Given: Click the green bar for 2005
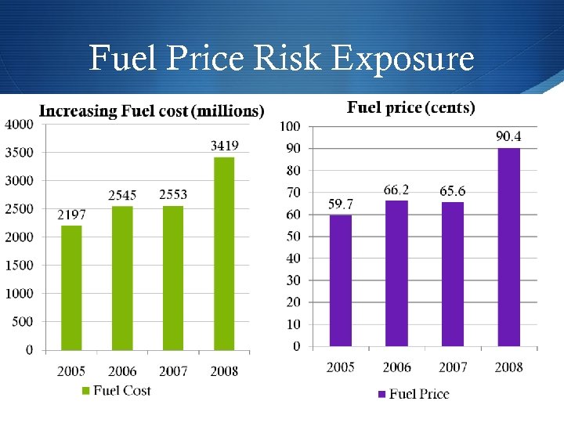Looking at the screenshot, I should (x=71, y=287).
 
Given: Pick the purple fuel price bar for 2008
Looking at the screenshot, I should (x=508, y=247).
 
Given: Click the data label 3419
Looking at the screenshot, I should (x=224, y=146).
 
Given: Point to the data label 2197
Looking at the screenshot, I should (x=71, y=214).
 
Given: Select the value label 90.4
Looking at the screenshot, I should (x=508, y=137).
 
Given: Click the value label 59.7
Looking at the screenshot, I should (x=341, y=204).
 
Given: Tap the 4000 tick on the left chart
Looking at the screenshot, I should (x=19, y=124).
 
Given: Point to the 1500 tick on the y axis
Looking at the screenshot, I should (x=19, y=266).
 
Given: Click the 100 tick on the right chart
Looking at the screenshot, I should (x=290, y=126).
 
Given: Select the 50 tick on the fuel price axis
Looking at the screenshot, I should (x=292, y=236).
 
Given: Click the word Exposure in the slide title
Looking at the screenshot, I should (x=404, y=59).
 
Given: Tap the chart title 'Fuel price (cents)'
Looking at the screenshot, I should (x=410, y=107).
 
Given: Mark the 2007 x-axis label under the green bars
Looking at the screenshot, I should (x=173, y=371).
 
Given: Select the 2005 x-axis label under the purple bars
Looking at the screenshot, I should (x=341, y=367).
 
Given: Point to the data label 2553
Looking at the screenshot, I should (x=173, y=194).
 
